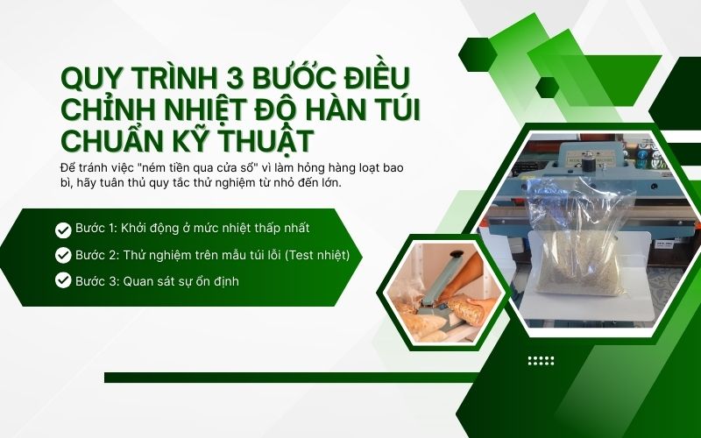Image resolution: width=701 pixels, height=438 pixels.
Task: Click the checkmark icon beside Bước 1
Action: pyautogui.click(x=63, y=230)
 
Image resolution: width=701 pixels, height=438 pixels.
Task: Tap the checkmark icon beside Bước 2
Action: pyautogui.click(x=63, y=255)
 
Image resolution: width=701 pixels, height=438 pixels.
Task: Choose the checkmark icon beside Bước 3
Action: pyautogui.click(x=63, y=280)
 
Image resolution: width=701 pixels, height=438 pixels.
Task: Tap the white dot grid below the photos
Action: pyautogui.click(x=541, y=360)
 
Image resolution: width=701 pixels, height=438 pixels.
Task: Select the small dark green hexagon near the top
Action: pyautogui.click(x=547, y=87)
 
